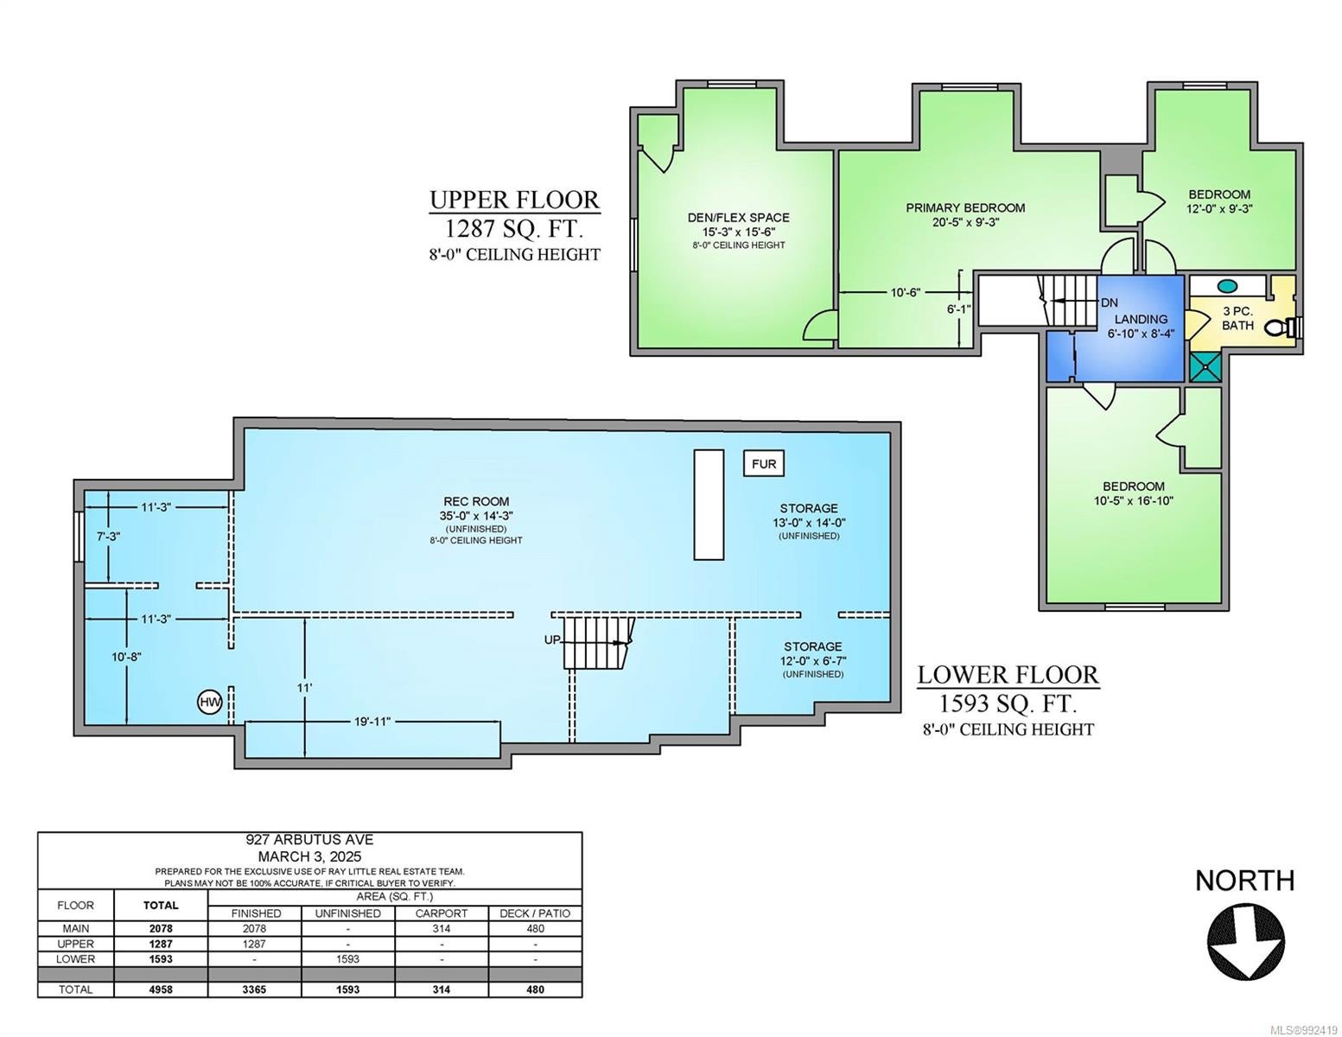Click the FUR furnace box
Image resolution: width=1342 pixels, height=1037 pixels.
(763, 463)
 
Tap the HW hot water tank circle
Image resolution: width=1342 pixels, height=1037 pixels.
(210, 702)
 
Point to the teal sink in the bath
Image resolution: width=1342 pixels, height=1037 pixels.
(1226, 287)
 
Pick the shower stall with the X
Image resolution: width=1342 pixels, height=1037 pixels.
(1205, 366)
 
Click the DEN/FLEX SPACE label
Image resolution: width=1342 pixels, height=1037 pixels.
(738, 218)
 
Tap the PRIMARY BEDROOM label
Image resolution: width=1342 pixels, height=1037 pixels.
(965, 208)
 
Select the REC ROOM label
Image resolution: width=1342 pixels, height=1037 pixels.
(476, 501)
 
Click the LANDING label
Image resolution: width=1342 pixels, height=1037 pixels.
(1141, 320)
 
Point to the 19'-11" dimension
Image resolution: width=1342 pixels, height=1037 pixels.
(372, 722)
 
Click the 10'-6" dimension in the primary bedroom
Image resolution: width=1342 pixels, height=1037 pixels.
(906, 292)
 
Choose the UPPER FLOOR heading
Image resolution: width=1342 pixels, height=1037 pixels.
(514, 200)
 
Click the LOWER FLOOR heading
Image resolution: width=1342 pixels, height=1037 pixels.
(1008, 674)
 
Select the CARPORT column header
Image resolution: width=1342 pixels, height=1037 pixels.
(441, 913)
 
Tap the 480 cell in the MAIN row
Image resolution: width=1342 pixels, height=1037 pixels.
(535, 928)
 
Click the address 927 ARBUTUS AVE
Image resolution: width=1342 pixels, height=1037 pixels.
(309, 839)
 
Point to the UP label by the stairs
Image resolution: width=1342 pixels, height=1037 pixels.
(552, 639)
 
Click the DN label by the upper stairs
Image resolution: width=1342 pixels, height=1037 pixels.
(1110, 302)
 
